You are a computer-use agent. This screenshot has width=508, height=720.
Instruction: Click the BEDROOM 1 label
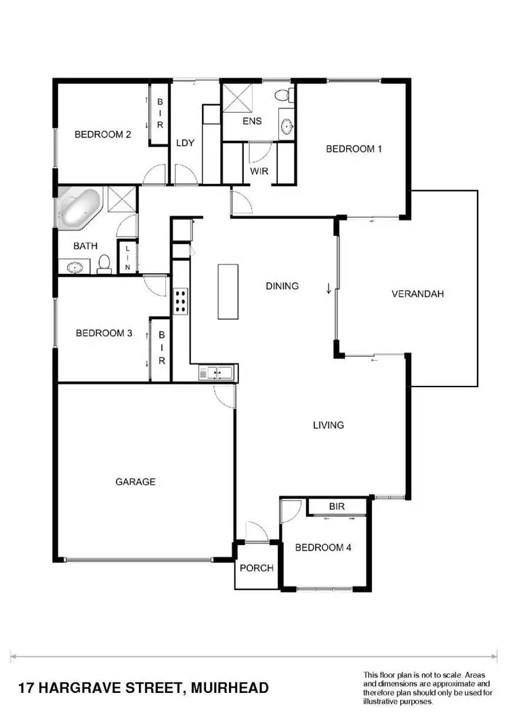354,149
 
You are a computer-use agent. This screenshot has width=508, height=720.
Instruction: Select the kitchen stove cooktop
181,300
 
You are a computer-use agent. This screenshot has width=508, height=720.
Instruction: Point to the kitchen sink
217,372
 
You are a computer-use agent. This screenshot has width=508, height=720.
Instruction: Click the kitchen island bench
228,292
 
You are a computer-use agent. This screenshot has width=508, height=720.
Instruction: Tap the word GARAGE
135,482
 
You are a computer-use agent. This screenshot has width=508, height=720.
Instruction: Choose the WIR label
259,172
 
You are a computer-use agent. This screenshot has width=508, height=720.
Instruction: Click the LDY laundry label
186,143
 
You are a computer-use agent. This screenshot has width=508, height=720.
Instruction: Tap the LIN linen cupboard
127,259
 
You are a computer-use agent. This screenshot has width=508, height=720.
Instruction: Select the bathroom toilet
104,263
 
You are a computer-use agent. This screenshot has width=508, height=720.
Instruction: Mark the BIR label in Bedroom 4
337,506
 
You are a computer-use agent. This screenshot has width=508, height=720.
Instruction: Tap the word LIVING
329,426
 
